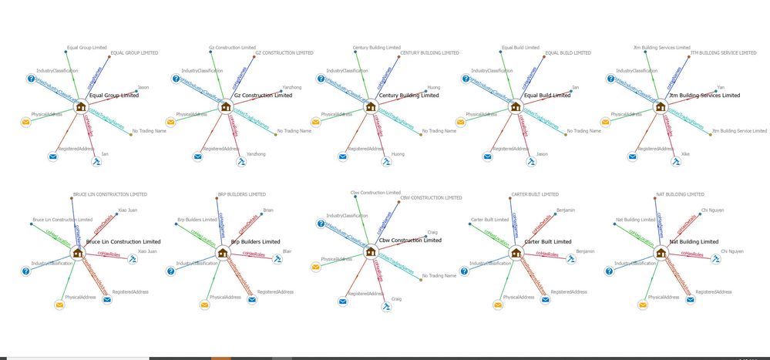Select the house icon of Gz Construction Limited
coord(226,107)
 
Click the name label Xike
coord(685,154)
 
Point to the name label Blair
coord(287,251)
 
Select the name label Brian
coord(267,210)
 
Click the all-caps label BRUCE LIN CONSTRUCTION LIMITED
coord(109,194)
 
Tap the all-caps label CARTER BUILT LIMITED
coord(534,194)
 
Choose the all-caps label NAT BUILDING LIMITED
coord(679,194)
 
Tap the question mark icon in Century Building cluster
coord(321,79)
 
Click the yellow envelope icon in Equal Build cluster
coord(461,122)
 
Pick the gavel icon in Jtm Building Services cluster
coord(676,162)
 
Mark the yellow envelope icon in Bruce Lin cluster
coord(59,305)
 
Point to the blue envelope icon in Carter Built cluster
coord(546,300)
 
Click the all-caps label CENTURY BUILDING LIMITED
coord(419,53)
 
